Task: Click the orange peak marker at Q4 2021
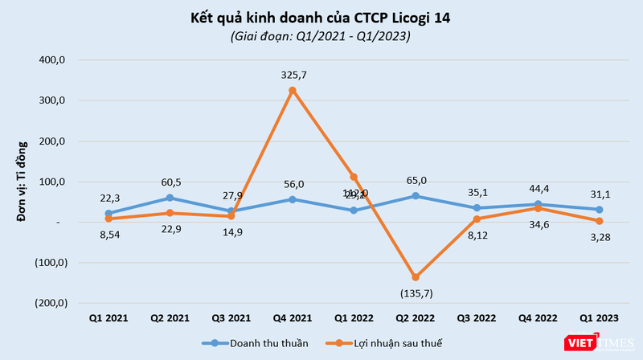(x=293, y=90)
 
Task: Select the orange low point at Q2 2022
(x=416, y=277)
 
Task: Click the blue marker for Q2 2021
(x=170, y=198)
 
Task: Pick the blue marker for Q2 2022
(x=416, y=195)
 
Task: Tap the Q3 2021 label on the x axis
(x=231, y=319)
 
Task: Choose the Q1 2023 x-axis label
(x=600, y=319)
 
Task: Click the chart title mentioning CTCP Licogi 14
(x=320, y=18)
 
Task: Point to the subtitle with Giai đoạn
(x=320, y=36)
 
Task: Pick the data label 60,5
(x=170, y=182)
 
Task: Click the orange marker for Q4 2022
(x=538, y=208)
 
